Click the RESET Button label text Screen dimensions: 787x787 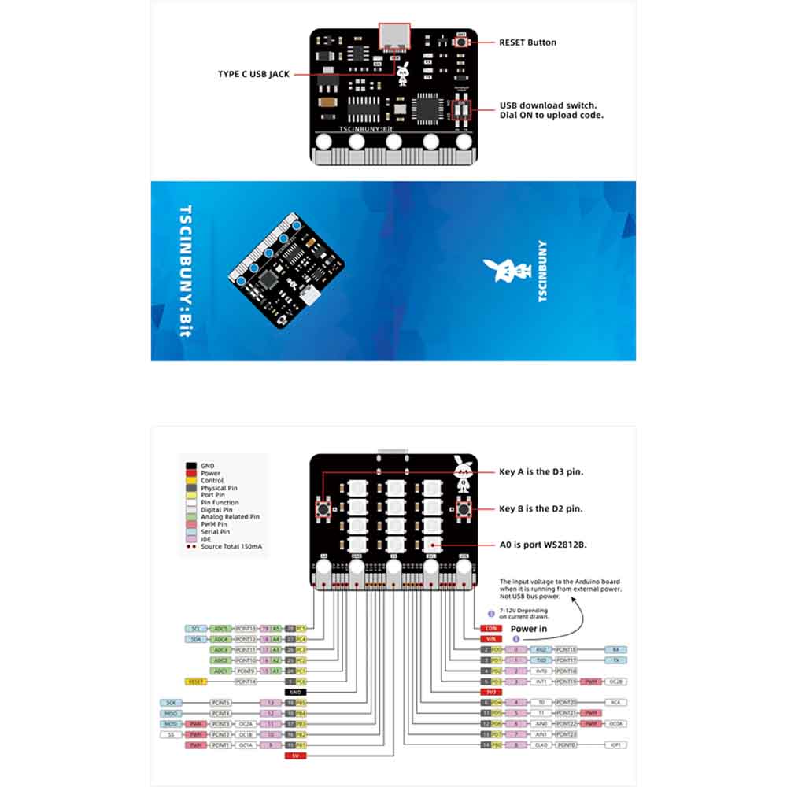pyautogui.click(x=527, y=42)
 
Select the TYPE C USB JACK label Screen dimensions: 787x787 pyautogui.click(x=253, y=74)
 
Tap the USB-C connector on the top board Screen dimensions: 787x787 pyautogui.click(x=393, y=37)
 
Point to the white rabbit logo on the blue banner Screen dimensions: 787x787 pyautogui.click(x=501, y=270)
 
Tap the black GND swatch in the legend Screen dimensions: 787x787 pyautogui.click(x=190, y=466)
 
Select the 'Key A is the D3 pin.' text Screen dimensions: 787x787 pyautogui.click(x=541, y=472)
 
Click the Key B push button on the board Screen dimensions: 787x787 pyautogui.click(x=464, y=509)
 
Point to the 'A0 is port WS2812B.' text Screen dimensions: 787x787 pyautogui.click(x=542, y=544)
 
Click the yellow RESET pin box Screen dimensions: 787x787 pyautogui.click(x=196, y=682)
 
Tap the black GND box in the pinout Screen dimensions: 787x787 pyautogui.click(x=295, y=692)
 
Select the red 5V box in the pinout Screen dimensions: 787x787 pyautogui.click(x=295, y=756)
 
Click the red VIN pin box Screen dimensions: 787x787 pyautogui.click(x=491, y=639)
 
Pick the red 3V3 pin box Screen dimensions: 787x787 pyautogui.click(x=491, y=692)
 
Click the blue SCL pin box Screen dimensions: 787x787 pyautogui.click(x=195, y=629)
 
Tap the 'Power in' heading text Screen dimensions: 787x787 pyautogui.click(x=529, y=629)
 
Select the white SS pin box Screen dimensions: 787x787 pyautogui.click(x=170, y=734)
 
